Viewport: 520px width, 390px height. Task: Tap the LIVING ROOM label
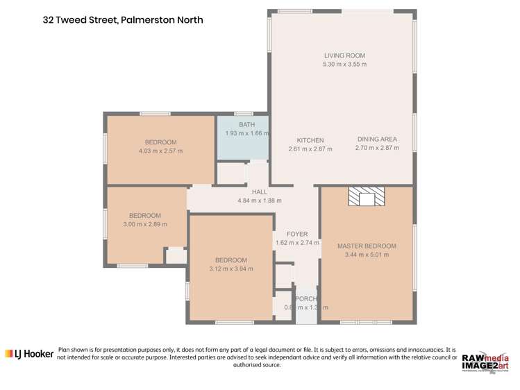tap(344, 56)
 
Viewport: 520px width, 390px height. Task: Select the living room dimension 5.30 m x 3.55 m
tap(344, 65)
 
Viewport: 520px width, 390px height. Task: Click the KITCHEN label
tap(310, 140)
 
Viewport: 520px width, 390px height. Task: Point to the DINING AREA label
tap(377, 139)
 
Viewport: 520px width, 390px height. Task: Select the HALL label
tap(260, 192)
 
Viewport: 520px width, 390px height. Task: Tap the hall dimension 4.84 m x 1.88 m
tap(260, 201)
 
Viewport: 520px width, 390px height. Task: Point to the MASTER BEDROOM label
tap(367, 246)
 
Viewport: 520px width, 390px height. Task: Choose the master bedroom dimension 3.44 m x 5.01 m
tap(367, 255)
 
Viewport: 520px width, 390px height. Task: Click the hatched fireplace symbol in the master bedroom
tap(366, 197)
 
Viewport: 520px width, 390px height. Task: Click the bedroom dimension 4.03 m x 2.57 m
tap(160, 151)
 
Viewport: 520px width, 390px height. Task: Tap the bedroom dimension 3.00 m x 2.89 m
tap(145, 225)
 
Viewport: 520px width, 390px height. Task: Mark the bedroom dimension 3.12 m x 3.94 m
tap(231, 269)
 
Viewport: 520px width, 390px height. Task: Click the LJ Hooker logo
tap(29, 354)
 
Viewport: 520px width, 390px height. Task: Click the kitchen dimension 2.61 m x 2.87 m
tap(310, 149)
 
